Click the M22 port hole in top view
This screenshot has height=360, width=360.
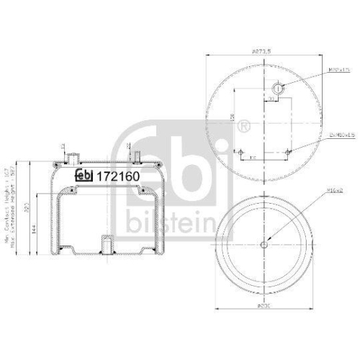click(279, 89)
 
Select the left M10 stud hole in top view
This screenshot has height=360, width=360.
click(242, 158)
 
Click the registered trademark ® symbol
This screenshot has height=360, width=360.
click(243, 129)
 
